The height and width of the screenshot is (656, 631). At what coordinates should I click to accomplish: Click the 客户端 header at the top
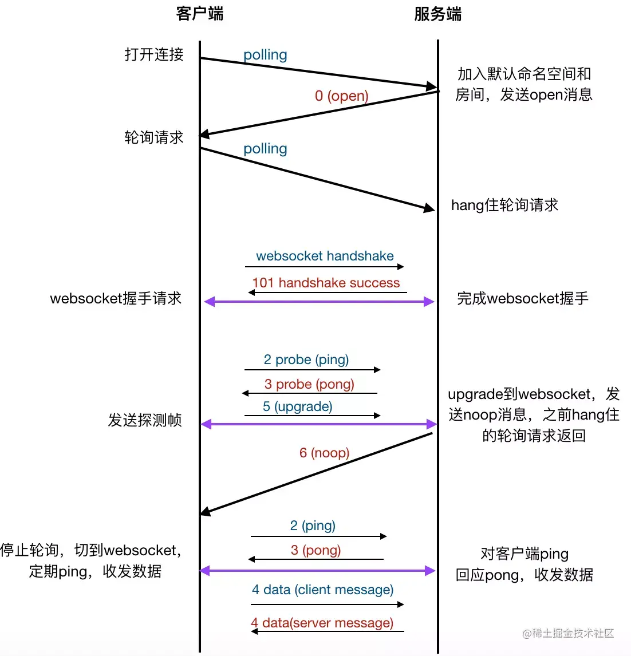click(x=200, y=14)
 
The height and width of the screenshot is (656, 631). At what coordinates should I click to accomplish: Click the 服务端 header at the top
click(x=437, y=14)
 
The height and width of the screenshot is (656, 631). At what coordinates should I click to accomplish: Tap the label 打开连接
click(x=154, y=54)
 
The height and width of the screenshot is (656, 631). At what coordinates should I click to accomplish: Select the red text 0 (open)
click(x=341, y=96)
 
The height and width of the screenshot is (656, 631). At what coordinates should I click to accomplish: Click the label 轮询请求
click(x=154, y=137)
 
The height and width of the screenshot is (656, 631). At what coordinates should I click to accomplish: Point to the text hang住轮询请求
click(x=504, y=205)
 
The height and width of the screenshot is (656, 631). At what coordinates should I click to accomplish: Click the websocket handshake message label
click(x=325, y=256)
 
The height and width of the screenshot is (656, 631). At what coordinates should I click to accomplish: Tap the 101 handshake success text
click(x=326, y=283)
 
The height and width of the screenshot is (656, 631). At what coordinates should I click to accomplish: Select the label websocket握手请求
click(x=116, y=298)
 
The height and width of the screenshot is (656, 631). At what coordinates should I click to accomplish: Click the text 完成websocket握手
click(x=523, y=298)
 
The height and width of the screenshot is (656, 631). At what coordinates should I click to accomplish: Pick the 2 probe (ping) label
click(x=306, y=359)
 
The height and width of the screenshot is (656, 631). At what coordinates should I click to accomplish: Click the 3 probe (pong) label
click(x=309, y=384)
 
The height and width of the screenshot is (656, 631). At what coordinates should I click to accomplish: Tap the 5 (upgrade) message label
click(x=298, y=406)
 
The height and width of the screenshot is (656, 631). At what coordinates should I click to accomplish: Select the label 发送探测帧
click(x=145, y=420)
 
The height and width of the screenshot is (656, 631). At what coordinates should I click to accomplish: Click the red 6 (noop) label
click(x=324, y=453)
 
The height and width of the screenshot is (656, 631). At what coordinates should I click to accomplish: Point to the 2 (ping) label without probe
click(x=313, y=525)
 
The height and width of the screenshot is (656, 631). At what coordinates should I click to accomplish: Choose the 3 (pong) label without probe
click(x=316, y=550)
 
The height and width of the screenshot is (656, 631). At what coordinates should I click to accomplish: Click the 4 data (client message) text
click(x=322, y=590)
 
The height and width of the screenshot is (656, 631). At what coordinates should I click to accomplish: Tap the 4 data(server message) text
click(x=322, y=623)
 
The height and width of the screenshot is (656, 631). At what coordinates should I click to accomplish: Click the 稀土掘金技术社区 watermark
click(x=568, y=634)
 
